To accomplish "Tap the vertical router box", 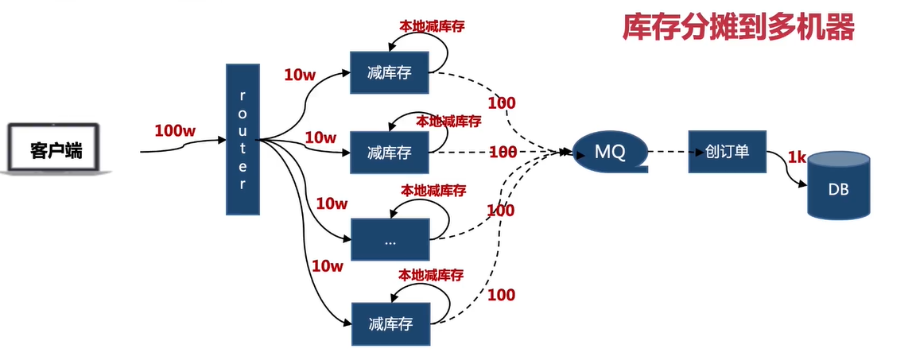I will pyautogui.click(x=243, y=139).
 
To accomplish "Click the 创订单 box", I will pyautogui.click(x=727, y=150).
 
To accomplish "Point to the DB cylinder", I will pyautogui.click(x=838, y=188).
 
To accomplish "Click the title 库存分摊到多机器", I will pyautogui.click(x=738, y=29).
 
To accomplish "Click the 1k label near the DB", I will pyautogui.click(x=797, y=157).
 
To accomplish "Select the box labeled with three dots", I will pyautogui.click(x=390, y=241).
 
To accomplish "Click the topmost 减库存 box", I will pyautogui.click(x=389, y=73).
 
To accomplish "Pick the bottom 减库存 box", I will pyautogui.click(x=390, y=323).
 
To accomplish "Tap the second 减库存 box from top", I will pyautogui.click(x=390, y=152).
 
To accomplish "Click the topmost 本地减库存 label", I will pyautogui.click(x=432, y=25).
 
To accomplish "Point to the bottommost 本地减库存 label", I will pyautogui.click(x=431, y=276).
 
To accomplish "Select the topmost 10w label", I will pyautogui.click(x=300, y=75).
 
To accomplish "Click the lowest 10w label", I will pyautogui.click(x=327, y=266).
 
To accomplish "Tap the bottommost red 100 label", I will pyautogui.click(x=501, y=296).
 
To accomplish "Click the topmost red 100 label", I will pyautogui.click(x=502, y=103).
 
